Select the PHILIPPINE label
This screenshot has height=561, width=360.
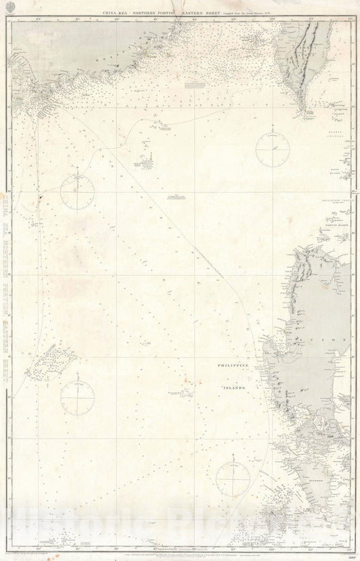point(232,366)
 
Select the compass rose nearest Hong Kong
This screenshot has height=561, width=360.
point(78,187)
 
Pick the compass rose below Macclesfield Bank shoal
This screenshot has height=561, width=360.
point(78,394)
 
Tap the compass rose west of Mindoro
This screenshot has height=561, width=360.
point(232,479)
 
